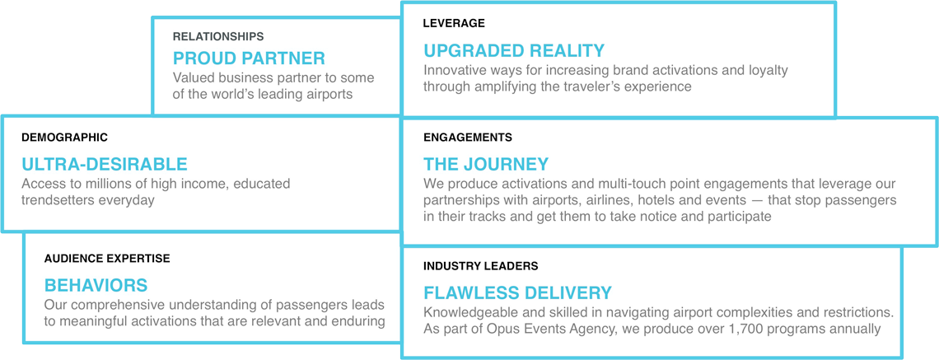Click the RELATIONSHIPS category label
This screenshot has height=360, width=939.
[218, 36]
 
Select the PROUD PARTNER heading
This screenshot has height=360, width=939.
[249, 58]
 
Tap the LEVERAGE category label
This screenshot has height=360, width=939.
[454, 23]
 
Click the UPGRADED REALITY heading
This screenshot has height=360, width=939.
[515, 49]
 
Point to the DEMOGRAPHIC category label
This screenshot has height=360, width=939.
[65, 138]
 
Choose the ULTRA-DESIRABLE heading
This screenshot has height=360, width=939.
[105, 164]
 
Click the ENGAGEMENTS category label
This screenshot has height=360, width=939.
[468, 138]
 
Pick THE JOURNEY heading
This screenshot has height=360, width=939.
[486, 164]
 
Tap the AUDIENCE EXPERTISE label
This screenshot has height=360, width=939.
[107, 258]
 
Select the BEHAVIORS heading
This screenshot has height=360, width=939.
[96, 284]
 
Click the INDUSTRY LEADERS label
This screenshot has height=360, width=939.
[481, 264]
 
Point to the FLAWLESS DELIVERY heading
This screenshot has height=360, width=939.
[517, 293]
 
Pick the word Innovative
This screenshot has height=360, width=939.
[451, 70]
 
